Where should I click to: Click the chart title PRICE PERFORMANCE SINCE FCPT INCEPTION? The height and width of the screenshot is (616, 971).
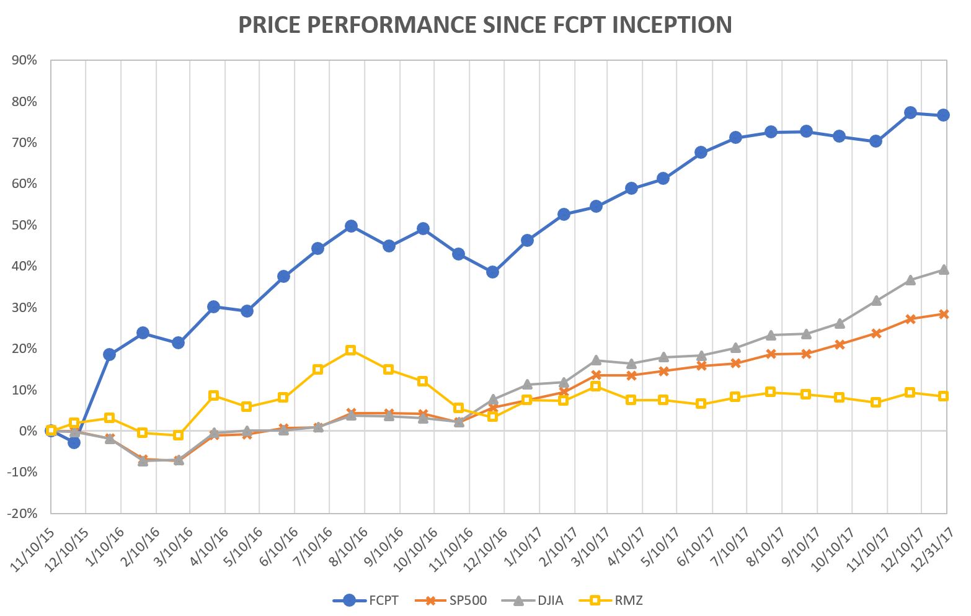tap(485, 25)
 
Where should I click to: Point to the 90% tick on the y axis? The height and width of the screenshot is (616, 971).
tap(24, 61)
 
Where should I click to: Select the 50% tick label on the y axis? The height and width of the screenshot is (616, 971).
tap(24, 225)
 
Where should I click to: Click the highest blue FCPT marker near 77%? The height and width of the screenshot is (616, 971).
tap(910, 112)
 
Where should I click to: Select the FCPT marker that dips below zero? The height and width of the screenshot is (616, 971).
tap(74, 442)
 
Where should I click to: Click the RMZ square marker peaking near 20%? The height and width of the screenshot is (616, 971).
tap(350, 350)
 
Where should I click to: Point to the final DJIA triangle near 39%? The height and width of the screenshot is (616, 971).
tap(944, 269)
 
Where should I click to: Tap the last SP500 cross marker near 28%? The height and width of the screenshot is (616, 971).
tap(944, 314)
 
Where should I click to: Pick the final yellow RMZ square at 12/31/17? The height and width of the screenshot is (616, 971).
tap(944, 396)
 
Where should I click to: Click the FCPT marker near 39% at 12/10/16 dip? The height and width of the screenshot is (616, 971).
tap(492, 272)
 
